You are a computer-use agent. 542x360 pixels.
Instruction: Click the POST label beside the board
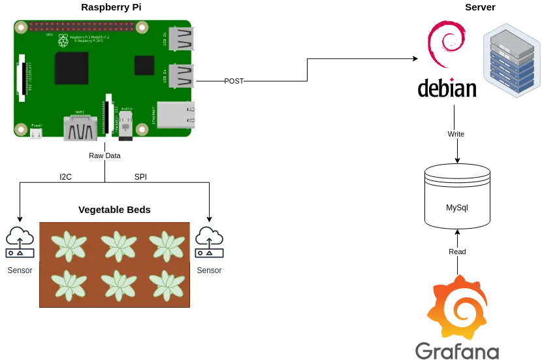(x=234, y=81)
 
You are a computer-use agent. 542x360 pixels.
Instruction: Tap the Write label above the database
(x=455, y=134)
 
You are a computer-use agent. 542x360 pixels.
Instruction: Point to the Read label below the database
(x=457, y=252)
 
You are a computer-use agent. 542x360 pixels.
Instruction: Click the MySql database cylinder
(x=457, y=197)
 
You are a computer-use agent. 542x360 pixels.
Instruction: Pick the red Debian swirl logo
(x=446, y=46)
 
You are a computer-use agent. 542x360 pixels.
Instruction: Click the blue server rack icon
(x=511, y=59)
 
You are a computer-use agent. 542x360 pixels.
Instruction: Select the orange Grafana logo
(x=457, y=308)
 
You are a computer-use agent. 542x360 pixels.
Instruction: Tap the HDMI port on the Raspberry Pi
(x=80, y=128)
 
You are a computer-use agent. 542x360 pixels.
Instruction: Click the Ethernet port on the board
(x=176, y=115)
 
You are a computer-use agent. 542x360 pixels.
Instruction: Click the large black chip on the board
(x=72, y=68)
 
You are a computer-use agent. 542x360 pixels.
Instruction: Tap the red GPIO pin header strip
(x=81, y=27)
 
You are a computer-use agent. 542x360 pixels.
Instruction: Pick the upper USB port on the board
(x=180, y=39)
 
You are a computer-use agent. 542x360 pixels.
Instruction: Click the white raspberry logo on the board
(x=63, y=41)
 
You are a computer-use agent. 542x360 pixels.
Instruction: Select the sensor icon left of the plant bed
(x=20, y=242)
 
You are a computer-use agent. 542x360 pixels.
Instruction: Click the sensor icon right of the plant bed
(x=210, y=242)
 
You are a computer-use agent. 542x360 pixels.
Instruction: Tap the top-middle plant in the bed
(x=118, y=246)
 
